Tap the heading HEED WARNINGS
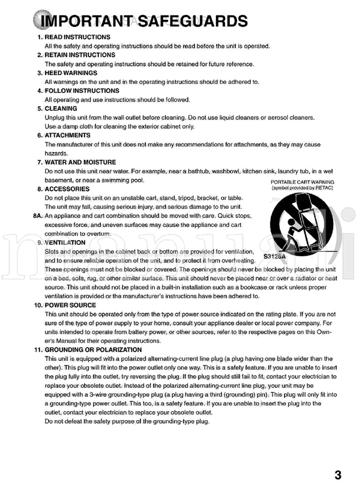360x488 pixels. tap(73, 73)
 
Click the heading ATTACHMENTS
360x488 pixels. tap(68, 135)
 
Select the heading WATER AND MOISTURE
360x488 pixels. tap(80, 162)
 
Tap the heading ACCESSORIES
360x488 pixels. tap(67, 188)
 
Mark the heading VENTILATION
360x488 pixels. tap(65, 242)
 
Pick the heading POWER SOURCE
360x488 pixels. tap(70, 305)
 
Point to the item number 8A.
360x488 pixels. tap(36, 215)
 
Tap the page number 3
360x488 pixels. tap(338, 475)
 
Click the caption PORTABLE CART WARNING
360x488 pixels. tap(302, 182)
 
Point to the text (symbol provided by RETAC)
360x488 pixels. tap(302, 188)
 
